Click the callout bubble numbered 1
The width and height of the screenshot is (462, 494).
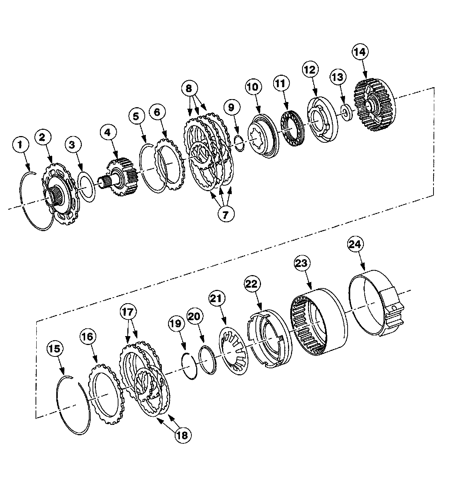(x=20, y=145)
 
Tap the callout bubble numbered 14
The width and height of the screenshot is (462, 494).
(x=360, y=52)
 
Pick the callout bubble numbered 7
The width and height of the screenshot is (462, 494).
(x=225, y=214)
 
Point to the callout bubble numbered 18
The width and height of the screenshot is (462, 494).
(x=183, y=442)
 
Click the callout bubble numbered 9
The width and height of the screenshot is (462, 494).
(x=231, y=108)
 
